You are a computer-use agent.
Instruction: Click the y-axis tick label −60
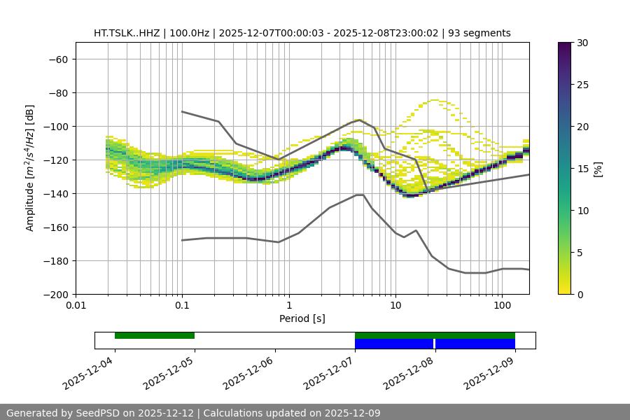point(57,59)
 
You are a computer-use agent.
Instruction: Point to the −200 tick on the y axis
point(54,294)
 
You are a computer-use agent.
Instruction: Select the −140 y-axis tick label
point(54,193)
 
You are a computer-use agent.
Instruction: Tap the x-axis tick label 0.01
point(76,306)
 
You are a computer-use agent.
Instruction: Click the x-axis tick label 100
point(502,306)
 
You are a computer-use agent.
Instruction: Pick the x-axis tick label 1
point(288,306)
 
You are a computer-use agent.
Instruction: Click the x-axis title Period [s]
point(302,318)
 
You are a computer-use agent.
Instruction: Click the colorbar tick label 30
point(582,43)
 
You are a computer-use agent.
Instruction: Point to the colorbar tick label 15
point(582,169)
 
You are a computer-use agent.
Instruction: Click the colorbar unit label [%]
point(598,169)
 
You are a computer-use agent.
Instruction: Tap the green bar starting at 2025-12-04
point(155,335)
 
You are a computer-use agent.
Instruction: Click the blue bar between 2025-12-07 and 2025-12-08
point(394,344)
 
